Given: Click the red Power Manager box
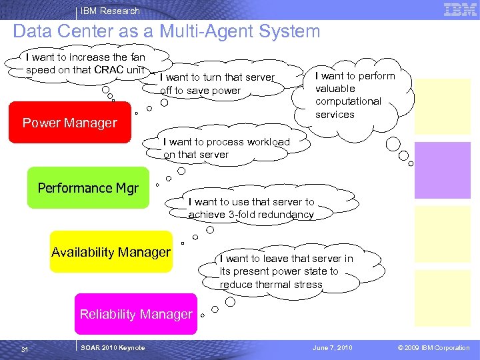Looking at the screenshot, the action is coord(69,123).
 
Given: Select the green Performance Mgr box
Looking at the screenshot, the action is coord(88,188).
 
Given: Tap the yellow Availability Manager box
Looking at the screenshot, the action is coord(111,252).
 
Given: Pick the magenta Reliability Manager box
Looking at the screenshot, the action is coord(136,314).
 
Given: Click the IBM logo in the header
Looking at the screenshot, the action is coord(460,10).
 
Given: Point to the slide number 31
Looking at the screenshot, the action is coord(25,349).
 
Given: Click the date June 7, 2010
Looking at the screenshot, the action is coord(333,348).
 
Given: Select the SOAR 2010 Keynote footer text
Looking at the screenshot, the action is coord(112,348).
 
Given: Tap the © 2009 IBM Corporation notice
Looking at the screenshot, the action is coord(433,348).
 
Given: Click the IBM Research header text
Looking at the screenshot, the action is coord(110,11).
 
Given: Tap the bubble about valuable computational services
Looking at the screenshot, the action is coord(355,95).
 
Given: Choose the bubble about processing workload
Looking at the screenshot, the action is coord(226,148).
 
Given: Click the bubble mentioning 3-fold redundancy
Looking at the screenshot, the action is coord(251,208).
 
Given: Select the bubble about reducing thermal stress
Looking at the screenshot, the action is coord(286,271).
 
